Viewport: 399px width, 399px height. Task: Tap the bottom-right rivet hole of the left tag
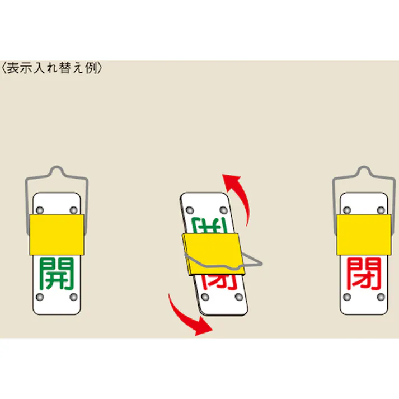[74, 297]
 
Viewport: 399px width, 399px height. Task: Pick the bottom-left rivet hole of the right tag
[348, 297]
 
